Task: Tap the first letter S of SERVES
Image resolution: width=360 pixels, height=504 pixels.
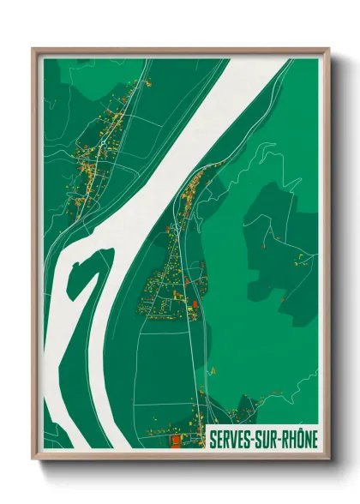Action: [213, 438]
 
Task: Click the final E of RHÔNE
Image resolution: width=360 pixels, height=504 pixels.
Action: [315, 438]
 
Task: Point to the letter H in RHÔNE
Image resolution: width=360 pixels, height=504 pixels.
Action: [291, 438]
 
